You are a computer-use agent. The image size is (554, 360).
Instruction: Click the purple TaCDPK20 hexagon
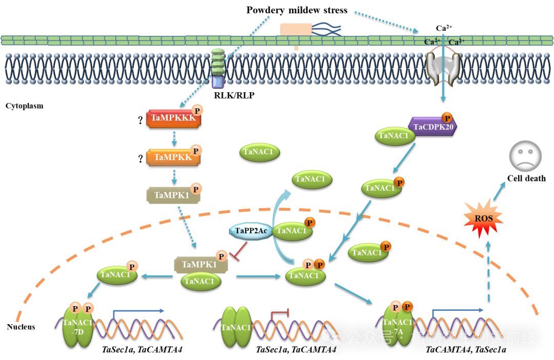pyautogui.click(x=432, y=127)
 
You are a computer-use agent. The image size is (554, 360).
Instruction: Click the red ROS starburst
pyautogui.click(x=483, y=219)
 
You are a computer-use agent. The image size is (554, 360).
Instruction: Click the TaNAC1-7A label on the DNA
pyautogui.click(x=397, y=327)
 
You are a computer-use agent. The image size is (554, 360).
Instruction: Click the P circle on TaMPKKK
pyautogui.click(x=196, y=110)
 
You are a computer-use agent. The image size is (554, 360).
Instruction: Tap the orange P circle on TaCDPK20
pyautogui.click(x=447, y=117)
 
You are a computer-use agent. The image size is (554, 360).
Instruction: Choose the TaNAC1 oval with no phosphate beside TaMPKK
pyautogui.click(x=260, y=152)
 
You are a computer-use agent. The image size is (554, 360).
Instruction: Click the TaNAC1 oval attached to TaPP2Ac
pyautogui.click(x=291, y=231)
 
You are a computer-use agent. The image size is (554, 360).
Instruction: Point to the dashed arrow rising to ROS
pyautogui.click(x=488, y=272)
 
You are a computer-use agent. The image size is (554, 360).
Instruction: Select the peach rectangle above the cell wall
pyautogui.click(x=295, y=29)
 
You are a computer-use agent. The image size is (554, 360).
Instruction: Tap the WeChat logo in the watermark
pyautogui.click(x=331, y=337)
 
